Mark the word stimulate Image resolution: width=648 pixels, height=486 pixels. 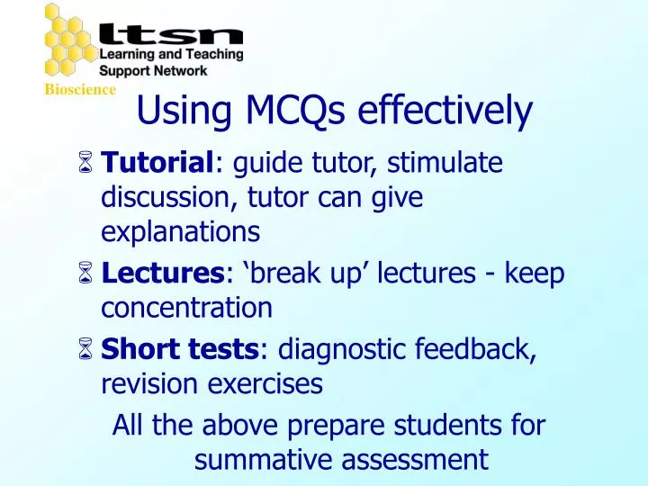[423, 164]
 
